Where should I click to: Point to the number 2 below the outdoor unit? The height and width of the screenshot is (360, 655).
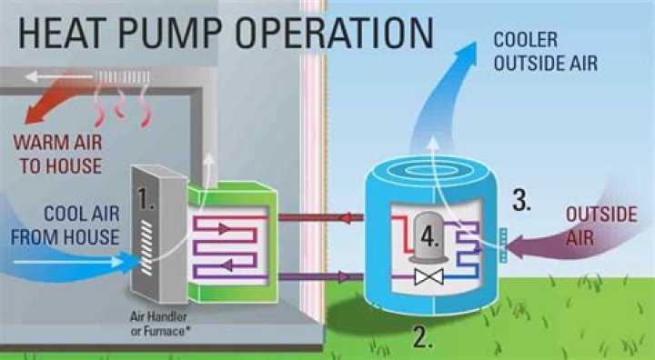tap(421, 337)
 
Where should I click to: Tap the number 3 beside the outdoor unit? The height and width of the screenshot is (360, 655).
tap(520, 201)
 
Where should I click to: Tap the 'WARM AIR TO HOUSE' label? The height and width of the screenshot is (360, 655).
tap(57, 155)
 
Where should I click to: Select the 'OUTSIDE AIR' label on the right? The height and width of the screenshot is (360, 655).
tap(597, 225)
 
